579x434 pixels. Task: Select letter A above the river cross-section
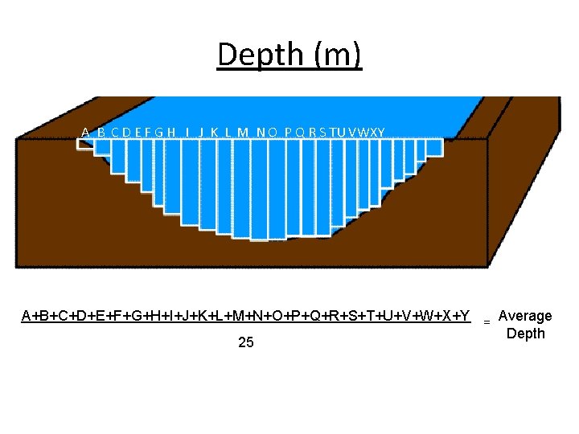coord(85,132)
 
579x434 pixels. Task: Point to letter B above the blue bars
coord(101,132)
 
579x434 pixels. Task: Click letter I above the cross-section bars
coord(187,132)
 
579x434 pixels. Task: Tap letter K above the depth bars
coord(215,132)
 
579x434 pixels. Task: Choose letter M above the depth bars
coord(243,132)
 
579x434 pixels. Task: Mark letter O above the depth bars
coord(273,132)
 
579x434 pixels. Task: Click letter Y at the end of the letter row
coord(381,132)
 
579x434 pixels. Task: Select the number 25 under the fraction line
coord(246,342)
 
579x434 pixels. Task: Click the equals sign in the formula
coord(487,321)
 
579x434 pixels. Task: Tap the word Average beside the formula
coord(525,316)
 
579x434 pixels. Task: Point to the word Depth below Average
coord(525,334)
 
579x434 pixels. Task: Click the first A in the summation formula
coord(27,315)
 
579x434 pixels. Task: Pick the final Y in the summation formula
coord(465,315)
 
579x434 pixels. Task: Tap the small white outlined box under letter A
coord(85,145)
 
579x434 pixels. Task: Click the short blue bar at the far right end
coord(434,146)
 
